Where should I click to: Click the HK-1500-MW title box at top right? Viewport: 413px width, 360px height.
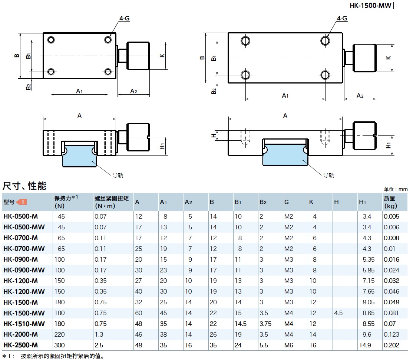(370, 6)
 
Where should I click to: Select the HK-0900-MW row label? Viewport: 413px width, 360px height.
(24, 270)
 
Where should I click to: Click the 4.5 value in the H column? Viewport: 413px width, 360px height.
(338, 313)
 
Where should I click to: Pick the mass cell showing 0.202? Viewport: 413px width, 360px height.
(391, 345)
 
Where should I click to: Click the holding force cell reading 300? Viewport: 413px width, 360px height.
(59, 345)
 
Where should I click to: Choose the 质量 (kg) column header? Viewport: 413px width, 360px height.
(390, 202)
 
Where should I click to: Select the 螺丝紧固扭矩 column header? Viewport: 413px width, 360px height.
(112, 202)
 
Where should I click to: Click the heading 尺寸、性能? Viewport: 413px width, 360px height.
(24, 186)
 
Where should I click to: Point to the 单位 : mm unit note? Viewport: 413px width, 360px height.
(396, 189)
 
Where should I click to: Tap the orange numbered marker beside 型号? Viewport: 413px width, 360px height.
(22, 202)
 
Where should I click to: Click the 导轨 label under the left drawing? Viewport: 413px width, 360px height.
(118, 175)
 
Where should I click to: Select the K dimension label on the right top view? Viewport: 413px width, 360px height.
(388, 58)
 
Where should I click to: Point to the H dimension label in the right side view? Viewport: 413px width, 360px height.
(213, 136)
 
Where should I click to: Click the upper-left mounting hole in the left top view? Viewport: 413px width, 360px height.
(51, 40)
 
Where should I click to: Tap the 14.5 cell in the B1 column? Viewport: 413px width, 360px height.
(240, 324)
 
